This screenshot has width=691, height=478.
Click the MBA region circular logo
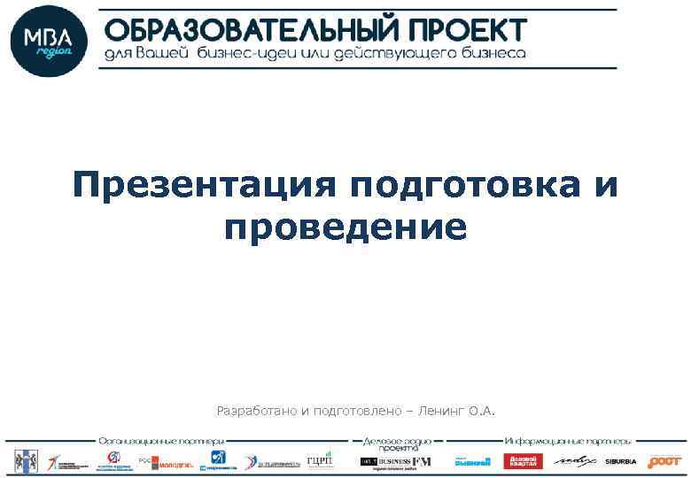tap(49, 42)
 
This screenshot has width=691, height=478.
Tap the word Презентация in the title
tap(206, 186)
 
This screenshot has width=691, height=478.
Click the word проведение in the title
tap(345, 227)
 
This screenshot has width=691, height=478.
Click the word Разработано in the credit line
tap(251, 412)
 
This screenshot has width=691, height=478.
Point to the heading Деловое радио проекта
tap(396, 443)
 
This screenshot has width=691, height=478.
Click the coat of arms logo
tap(22, 461)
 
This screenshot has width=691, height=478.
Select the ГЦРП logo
tap(318, 460)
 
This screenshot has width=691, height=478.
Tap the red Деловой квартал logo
tap(522, 461)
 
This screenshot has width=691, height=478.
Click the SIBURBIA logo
tap(620, 461)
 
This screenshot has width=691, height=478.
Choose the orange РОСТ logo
tap(664, 460)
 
